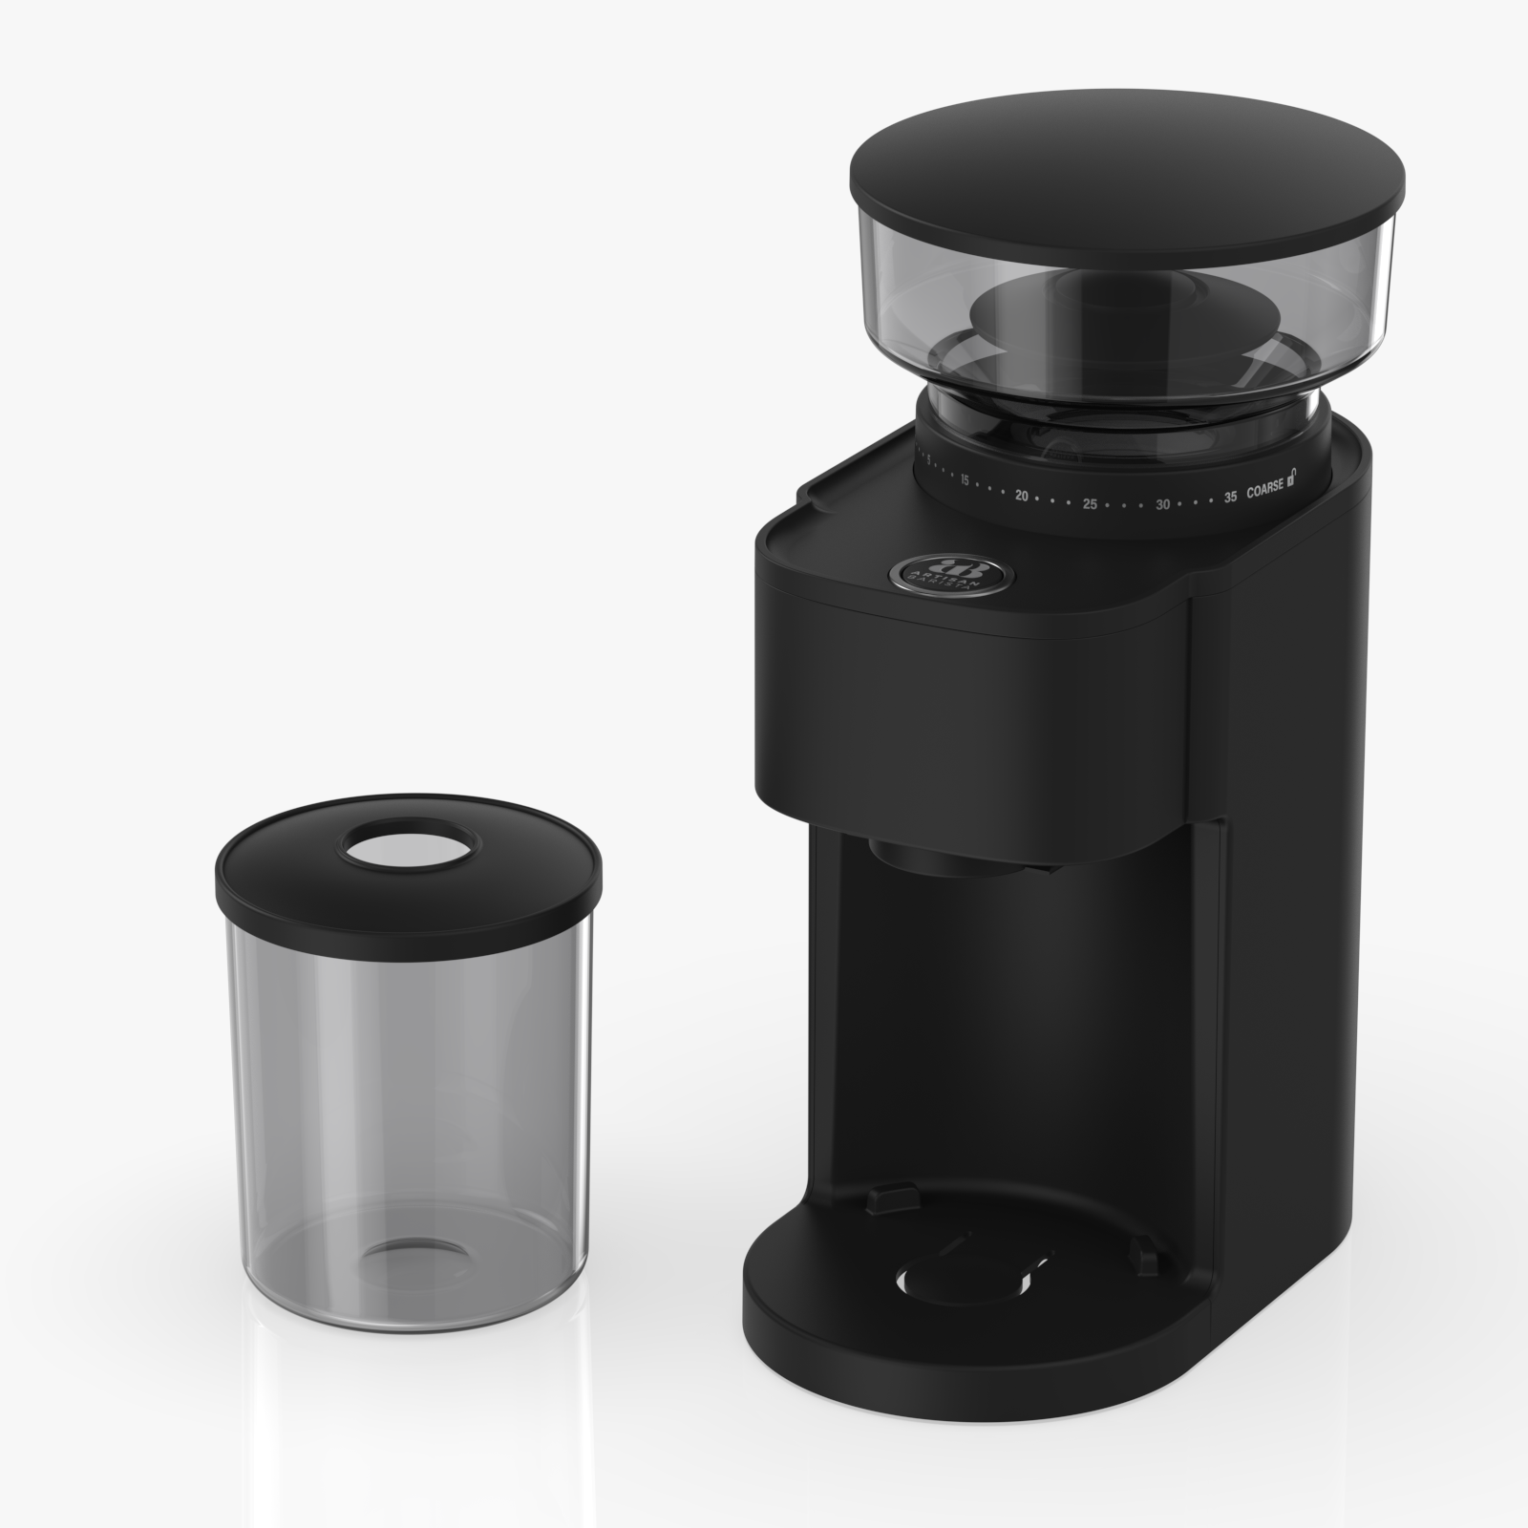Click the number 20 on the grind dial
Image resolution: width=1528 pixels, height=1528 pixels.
[1021, 496]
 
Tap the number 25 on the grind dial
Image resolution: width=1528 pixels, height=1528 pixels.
[1090, 503]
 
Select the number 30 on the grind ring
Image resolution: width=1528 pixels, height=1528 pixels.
[1162, 503]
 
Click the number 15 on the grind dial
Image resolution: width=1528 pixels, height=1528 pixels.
[965, 479]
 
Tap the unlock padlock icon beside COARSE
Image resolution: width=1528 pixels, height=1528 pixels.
[1293, 477]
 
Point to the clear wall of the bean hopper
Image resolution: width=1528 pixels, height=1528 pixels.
[1356, 277]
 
